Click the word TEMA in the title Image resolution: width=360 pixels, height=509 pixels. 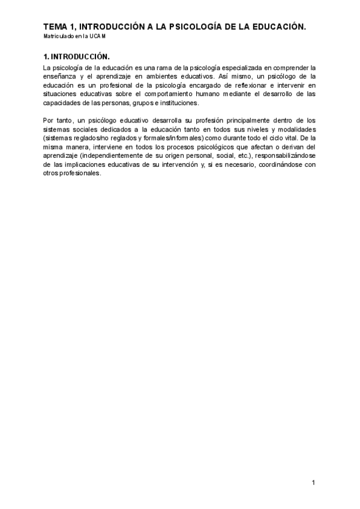click(x=55, y=27)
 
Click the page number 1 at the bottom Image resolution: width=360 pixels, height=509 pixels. click(x=313, y=482)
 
